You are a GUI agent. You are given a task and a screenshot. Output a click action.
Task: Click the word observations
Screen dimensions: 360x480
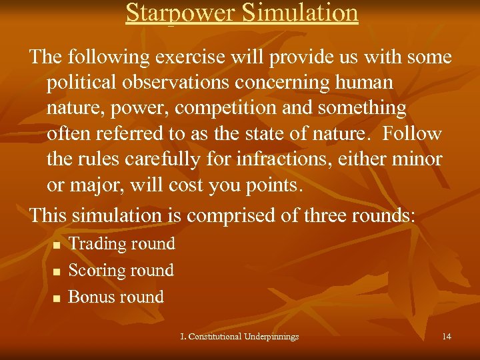click(185, 83)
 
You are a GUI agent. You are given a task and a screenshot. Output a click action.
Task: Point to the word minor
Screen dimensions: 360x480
click(416, 159)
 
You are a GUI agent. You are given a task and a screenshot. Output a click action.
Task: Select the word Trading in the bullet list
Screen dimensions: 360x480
click(94, 244)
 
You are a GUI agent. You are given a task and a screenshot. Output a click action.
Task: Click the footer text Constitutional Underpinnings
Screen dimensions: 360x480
click(243, 337)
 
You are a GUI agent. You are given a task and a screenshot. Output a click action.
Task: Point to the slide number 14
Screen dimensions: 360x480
click(446, 337)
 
